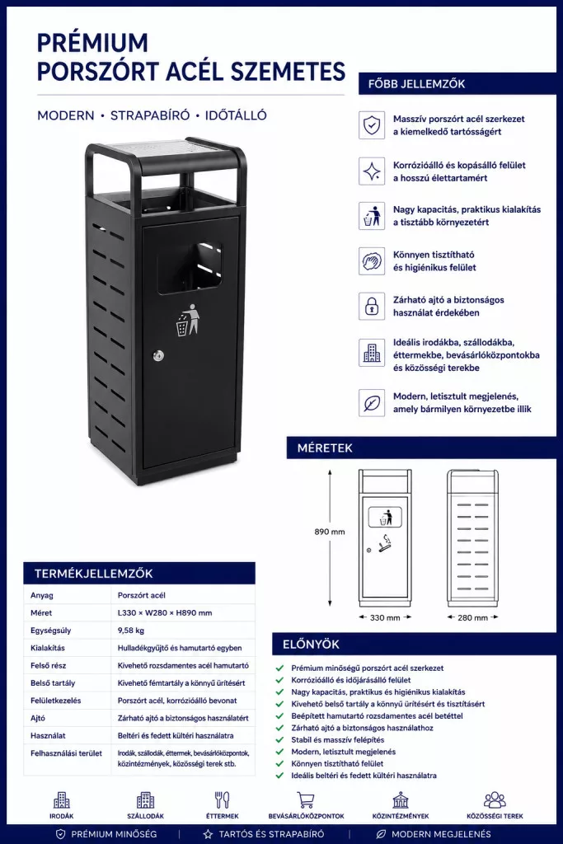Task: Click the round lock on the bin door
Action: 157,355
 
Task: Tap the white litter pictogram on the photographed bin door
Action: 187,320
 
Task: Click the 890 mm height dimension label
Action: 330,532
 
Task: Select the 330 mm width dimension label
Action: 385,617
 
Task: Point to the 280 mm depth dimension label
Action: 472,617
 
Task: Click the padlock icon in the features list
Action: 372,307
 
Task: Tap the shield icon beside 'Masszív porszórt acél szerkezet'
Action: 372,125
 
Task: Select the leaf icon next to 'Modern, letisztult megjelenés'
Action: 372,402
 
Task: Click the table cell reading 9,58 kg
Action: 131,631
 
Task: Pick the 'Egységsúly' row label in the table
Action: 50,631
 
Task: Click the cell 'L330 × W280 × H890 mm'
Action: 165,612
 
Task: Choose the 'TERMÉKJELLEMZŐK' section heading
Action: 94,574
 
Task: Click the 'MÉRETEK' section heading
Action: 325,448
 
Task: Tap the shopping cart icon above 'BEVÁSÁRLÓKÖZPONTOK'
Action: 306,799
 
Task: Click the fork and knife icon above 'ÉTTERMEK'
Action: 222,799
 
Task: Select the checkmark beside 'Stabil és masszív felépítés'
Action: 279,739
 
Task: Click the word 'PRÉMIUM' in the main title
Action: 92,43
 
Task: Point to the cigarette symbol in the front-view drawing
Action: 386,545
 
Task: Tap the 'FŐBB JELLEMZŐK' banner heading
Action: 416,84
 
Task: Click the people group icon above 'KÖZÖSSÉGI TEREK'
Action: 495,799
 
